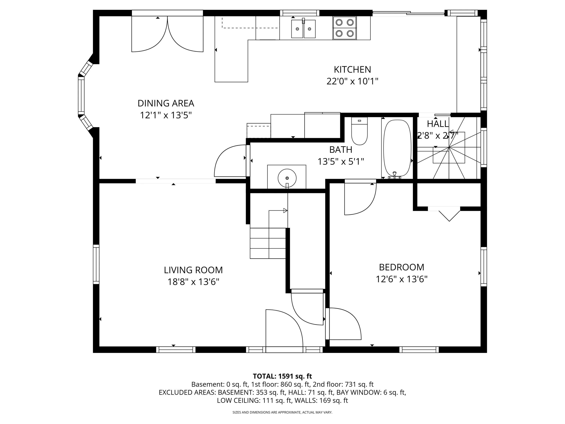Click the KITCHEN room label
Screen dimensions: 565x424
pyautogui.click(x=352, y=70)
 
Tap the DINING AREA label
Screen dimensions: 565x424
pyautogui.click(x=166, y=103)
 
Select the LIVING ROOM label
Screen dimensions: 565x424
pyautogui.click(x=193, y=270)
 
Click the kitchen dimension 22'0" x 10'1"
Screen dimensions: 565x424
pyautogui.click(x=352, y=81)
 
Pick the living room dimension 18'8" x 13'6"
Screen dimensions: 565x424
pyautogui.click(x=193, y=282)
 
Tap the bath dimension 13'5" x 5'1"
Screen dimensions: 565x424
pyautogui.click(x=341, y=162)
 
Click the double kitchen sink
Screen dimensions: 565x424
pyautogui.click(x=303, y=29)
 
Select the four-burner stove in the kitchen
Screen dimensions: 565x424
pyautogui.click(x=344, y=28)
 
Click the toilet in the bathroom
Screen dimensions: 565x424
pyautogui.click(x=359, y=131)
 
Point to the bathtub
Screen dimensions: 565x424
pyautogui.click(x=397, y=148)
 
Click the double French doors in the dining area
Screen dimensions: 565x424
pyautogui.click(x=167, y=34)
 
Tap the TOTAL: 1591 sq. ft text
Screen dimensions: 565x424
pyautogui.click(x=282, y=376)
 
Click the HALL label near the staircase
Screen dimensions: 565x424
pyautogui.click(x=438, y=124)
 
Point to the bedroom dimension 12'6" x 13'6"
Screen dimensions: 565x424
pyautogui.click(x=401, y=279)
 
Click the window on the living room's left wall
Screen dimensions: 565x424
pyautogui.click(x=96, y=264)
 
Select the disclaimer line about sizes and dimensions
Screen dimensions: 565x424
pyautogui.click(x=282, y=412)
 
